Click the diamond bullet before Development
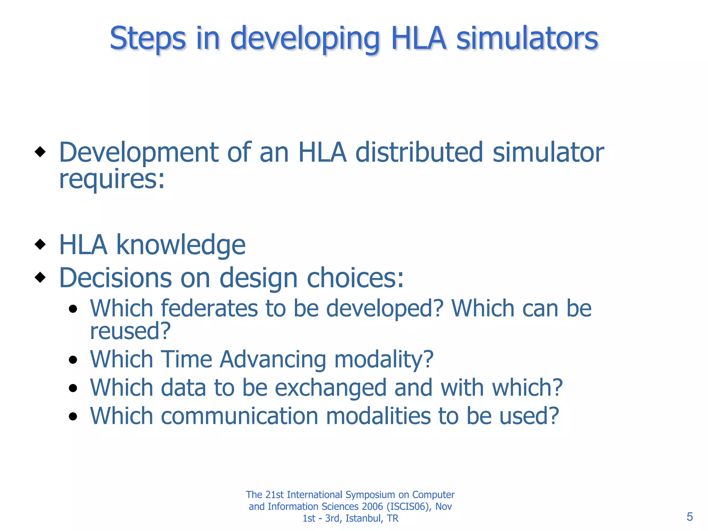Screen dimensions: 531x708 40,151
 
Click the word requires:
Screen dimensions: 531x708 112,180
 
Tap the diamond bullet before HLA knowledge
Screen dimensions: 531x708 40,244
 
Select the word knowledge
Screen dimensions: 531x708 180,245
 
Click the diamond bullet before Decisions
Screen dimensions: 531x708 40,277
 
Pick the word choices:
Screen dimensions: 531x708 355,278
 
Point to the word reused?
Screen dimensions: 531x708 130,331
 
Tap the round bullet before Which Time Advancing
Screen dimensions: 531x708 73,360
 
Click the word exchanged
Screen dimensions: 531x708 330,388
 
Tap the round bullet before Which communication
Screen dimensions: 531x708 73,417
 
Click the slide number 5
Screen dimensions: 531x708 689,517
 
